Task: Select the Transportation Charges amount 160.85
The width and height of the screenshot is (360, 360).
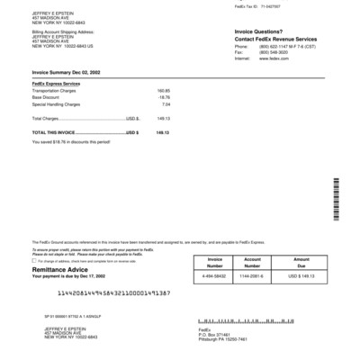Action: (x=163, y=91)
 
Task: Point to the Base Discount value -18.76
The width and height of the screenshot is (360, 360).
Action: (x=163, y=97)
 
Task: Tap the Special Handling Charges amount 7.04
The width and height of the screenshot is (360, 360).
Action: (x=166, y=103)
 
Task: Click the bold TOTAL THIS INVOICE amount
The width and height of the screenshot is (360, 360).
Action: (x=162, y=132)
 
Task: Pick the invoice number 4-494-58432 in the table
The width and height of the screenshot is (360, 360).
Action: (x=214, y=275)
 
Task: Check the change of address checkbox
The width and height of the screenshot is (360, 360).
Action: (x=35, y=261)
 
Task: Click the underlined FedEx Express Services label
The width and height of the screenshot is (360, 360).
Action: (x=56, y=83)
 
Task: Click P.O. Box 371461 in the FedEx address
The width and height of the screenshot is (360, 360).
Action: (x=218, y=334)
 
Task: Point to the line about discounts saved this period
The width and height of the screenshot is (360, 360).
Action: (x=71, y=141)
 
